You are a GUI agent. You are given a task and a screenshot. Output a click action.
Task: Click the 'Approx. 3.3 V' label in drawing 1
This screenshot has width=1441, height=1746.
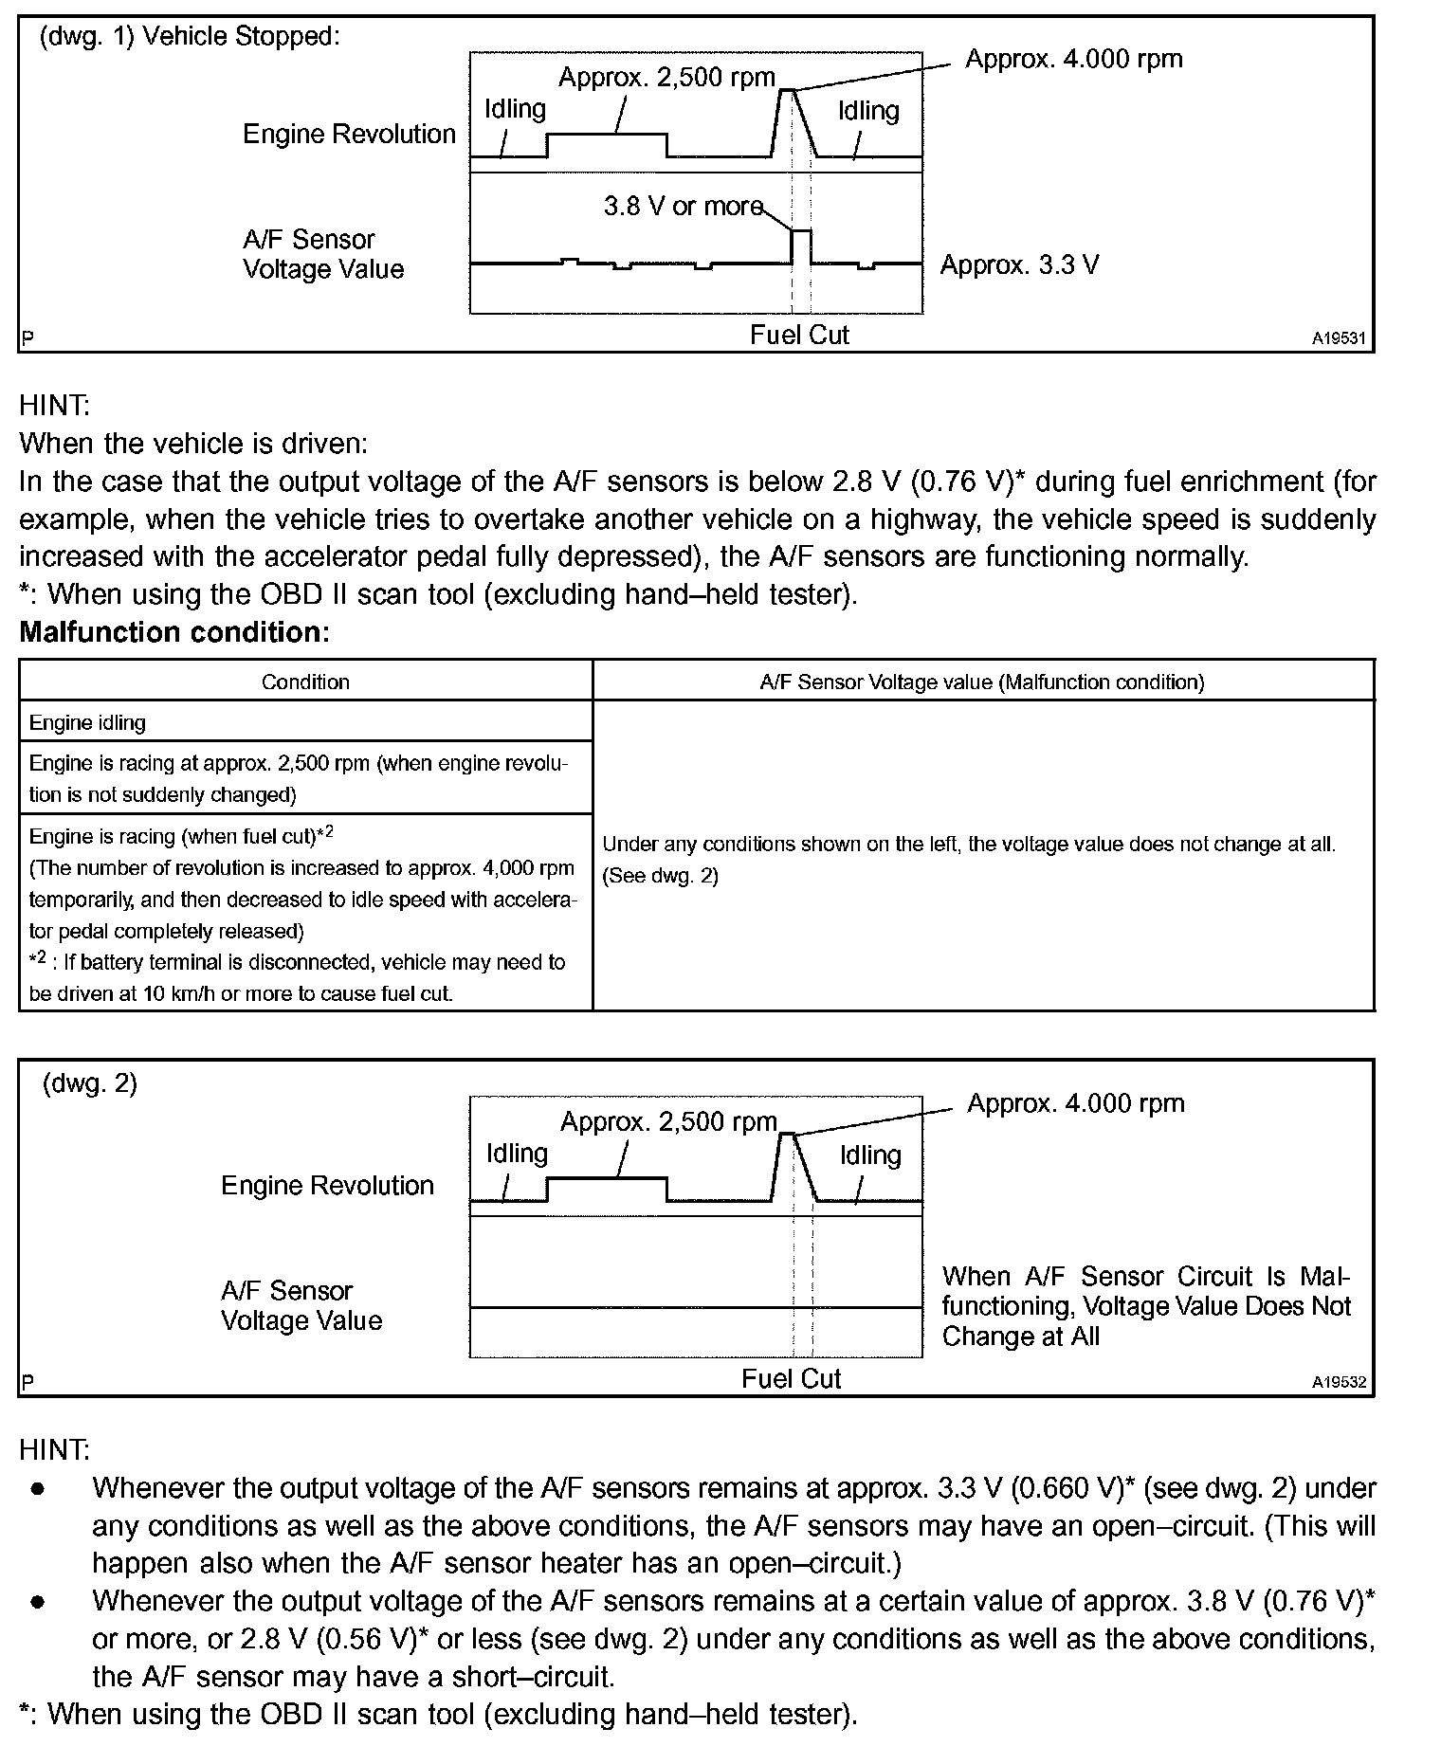pos(1019,264)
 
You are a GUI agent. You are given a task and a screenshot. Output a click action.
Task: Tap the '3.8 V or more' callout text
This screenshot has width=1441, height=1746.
pos(683,206)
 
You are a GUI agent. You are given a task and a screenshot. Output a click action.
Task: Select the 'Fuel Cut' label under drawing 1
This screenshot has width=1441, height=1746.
pos(799,335)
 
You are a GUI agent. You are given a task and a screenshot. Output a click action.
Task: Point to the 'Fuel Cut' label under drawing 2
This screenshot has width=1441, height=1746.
pos(791,1378)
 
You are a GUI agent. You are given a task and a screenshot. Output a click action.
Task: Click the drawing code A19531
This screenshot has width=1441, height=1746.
pos(1339,337)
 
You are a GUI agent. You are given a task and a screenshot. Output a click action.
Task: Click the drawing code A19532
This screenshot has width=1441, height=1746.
pos(1339,1382)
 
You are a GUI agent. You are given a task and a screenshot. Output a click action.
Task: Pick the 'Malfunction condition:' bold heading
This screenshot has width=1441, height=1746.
pos(174,632)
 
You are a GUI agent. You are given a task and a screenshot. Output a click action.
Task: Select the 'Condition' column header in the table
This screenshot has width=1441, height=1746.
pos(305,682)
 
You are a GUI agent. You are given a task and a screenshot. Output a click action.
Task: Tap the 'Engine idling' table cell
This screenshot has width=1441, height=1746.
pos(87,722)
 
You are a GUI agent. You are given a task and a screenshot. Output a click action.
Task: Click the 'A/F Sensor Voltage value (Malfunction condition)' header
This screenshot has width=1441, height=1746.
pos(982,682)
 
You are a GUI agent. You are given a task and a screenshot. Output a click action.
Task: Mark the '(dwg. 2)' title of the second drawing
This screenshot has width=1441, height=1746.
pos(90,1083)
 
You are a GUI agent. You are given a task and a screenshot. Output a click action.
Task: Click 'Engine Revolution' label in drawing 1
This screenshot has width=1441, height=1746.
pos(349,134)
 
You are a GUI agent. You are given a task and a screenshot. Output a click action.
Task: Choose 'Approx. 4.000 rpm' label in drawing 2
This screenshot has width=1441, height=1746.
pos(1075,1103)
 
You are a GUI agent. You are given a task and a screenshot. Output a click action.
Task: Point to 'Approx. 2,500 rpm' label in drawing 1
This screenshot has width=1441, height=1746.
pos(666,77)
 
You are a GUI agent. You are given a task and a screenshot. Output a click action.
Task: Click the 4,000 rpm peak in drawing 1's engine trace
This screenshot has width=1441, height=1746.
pos(787,90)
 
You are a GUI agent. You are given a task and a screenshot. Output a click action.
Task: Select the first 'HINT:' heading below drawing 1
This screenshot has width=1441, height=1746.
pos(54,406)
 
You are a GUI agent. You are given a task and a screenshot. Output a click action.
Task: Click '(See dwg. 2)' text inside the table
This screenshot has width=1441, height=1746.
pos(661,876)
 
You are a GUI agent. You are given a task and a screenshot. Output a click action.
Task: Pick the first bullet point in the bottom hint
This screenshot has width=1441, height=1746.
pos(38,1489)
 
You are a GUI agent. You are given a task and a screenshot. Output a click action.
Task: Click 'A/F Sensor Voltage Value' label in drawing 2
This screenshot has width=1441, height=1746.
pos(301,1305)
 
